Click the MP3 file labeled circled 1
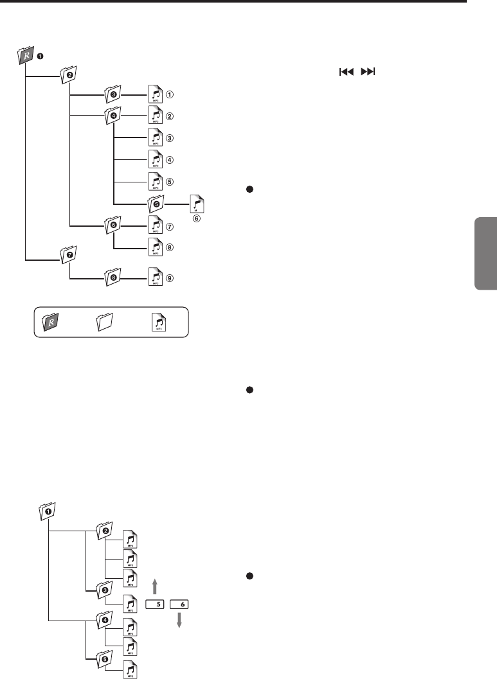tap(155, 95)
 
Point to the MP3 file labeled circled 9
tap(155, 278)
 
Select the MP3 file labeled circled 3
tap(155, 138)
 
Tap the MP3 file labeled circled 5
tap(155, 181)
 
